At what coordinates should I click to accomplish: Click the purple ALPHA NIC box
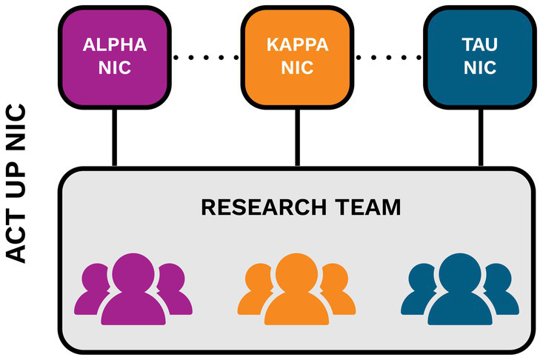click(x=115, y=56)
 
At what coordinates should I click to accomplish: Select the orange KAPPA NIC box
click(x=298, y=56)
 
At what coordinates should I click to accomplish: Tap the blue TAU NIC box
click(x=479, y=56)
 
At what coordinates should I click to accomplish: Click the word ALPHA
click(x=115, y=44)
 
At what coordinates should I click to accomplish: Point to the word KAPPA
click(x=298, y=44)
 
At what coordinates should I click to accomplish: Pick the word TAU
click(x=479, y=44)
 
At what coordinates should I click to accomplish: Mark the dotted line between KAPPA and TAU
click(x=388, y=56)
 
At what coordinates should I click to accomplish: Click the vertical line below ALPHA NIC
click(x=115, y=137)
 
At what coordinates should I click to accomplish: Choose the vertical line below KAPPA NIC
click(x=298, y=137)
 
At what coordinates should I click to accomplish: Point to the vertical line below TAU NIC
click(x=479, y=137)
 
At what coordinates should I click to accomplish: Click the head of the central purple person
click(x=133, y=270)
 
